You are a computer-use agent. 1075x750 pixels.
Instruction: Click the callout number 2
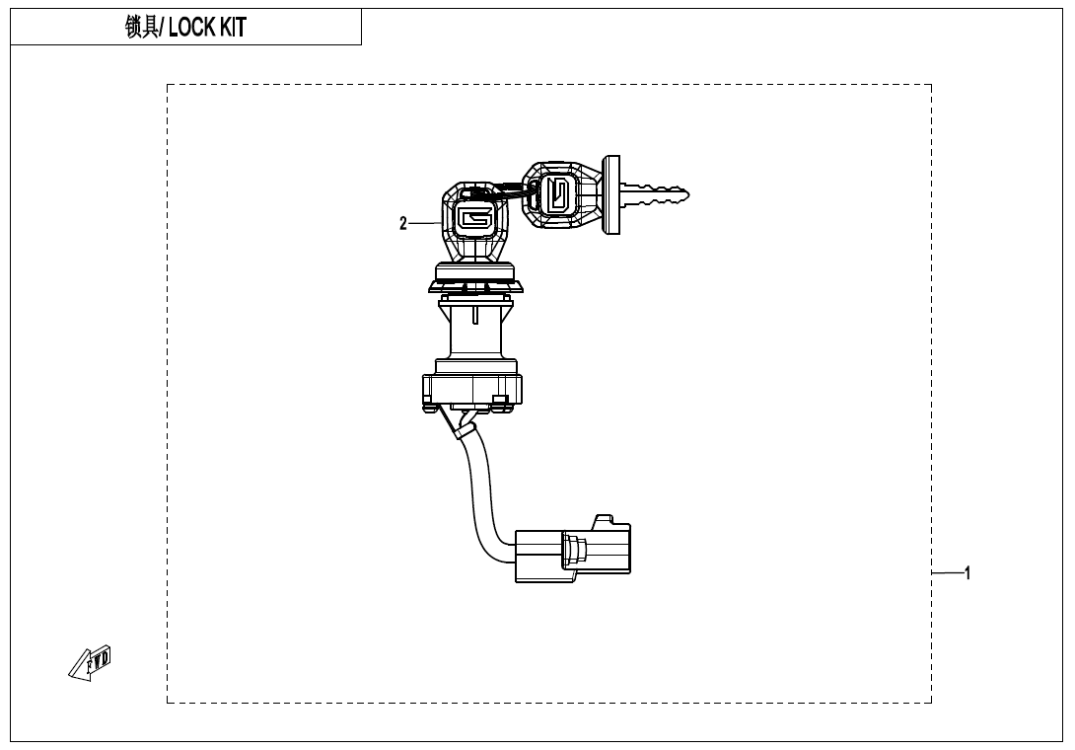point(403,224)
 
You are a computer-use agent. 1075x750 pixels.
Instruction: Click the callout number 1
point(967,573)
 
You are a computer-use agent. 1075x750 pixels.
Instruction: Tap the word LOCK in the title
point(192,28)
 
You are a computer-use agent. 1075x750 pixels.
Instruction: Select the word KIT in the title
point(233,28)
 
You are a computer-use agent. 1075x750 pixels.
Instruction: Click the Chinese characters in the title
point(142,28)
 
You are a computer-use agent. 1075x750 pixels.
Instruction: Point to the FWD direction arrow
point(90,663)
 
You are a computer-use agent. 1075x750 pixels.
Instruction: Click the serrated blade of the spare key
point(655,194)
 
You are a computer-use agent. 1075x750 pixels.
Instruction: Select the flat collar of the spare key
point(610,194)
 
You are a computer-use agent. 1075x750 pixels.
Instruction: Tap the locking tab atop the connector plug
point(605,520)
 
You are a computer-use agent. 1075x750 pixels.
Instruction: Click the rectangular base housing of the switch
point(472,392)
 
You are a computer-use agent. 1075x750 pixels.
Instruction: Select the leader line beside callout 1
point(947,573)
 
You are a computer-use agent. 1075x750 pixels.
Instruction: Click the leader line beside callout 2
point(426,223)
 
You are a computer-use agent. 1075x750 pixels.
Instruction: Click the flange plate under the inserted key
point(475,285)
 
